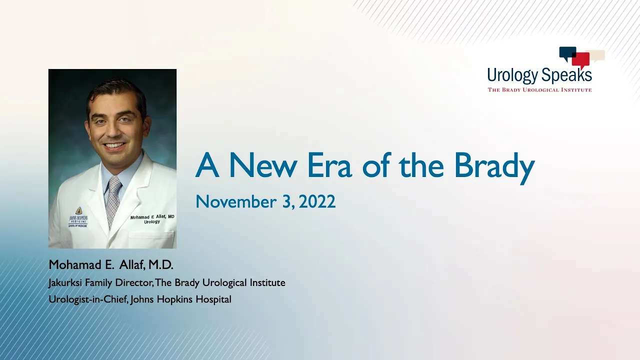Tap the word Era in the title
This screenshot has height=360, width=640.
click(329, 165)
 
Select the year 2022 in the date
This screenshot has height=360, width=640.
click(317, 201)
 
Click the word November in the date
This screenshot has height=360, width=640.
click(236, 201)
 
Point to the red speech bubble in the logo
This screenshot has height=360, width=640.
click(581, 60)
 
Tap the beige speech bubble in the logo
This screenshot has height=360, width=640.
click(597, 55)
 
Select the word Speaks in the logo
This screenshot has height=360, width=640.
click(566, 74)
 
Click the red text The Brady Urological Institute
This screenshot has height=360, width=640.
click(539, 90)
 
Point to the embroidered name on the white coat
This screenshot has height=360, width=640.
click(152, 219)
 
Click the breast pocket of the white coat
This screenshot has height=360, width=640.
click(151, 239)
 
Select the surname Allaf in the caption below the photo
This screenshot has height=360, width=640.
click(131, 265)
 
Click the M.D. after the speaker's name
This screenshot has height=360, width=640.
click(160, 265)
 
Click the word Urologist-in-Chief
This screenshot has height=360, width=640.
click(88, 299)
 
